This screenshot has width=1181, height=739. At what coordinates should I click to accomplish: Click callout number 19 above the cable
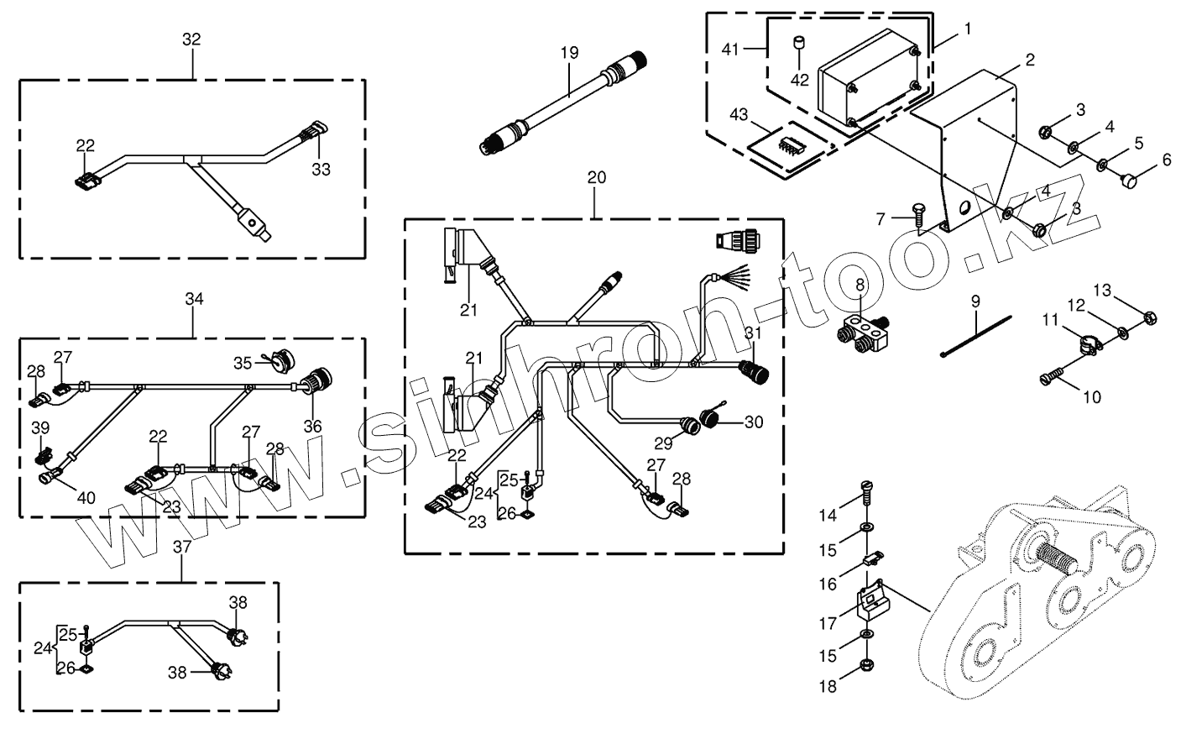coord(570,52)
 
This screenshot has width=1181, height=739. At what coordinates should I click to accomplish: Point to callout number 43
coord(739,113)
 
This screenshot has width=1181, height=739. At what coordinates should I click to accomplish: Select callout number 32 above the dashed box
coord(191,39)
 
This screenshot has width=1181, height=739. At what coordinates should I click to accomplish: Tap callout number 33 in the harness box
coord(321,169)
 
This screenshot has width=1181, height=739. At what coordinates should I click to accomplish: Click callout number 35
coord(243,363)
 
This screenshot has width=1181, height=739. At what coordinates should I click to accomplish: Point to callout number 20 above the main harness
coord(596,177)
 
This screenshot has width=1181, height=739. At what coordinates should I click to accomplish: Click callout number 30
coord(754,422)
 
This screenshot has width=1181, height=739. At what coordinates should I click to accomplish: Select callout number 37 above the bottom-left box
coord(182,547)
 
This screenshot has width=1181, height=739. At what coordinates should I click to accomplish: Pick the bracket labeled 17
coord(870,601)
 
